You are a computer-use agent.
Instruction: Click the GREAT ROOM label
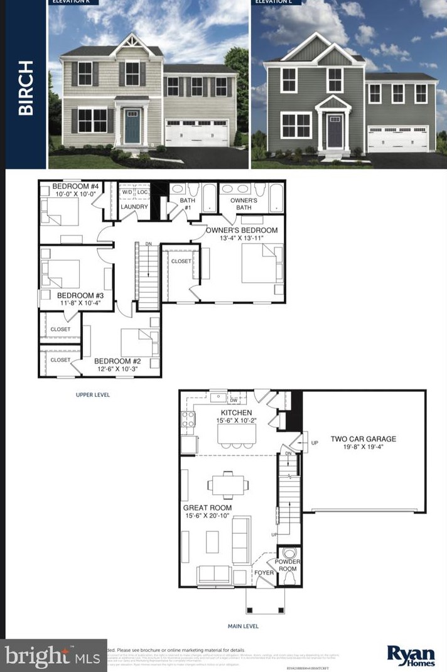207,507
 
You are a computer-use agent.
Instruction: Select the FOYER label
263,573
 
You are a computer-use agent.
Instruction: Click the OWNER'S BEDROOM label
242,230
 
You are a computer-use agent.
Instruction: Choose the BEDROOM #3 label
80,295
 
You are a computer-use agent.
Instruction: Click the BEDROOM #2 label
117,361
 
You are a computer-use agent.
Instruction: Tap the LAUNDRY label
134,207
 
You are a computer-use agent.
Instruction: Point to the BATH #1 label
188,204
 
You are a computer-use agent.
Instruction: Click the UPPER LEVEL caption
92,395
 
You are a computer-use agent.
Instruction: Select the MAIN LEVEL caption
242,626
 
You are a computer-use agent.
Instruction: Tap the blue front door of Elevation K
132,126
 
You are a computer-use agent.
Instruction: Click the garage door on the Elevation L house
398,138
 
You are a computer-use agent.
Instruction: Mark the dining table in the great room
227,483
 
